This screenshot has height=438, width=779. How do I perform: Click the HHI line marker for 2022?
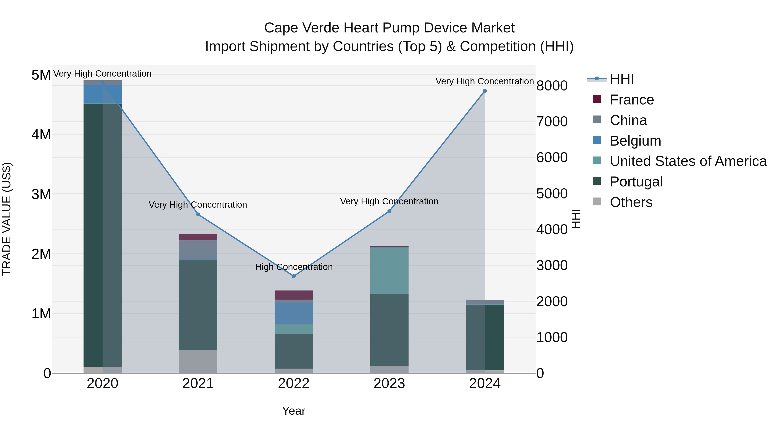click(293, 276)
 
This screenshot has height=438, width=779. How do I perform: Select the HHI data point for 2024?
click(485, 91)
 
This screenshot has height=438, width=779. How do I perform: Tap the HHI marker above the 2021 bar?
click(198, 214)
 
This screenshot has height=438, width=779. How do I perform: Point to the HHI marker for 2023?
click(389, 211)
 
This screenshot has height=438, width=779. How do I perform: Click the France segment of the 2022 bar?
click(293, 295)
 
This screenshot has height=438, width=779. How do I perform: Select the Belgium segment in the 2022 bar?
click(293, 313)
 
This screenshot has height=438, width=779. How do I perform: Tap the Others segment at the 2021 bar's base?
click(198, 361)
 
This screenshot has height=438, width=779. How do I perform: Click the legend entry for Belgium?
click(635, 141)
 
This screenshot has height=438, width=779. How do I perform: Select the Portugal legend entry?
click(636, 182)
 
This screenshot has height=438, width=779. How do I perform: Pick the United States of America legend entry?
click(688, 161)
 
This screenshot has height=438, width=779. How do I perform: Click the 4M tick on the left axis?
click(41, 135)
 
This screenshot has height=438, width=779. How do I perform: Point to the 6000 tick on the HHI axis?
click(552, 157)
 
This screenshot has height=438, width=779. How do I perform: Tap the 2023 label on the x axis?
click(389, 383)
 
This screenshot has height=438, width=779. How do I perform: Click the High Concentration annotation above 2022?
click(293, 267)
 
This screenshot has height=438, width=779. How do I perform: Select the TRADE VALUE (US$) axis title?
click(7, 219)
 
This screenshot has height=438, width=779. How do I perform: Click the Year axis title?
click(293, 411)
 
